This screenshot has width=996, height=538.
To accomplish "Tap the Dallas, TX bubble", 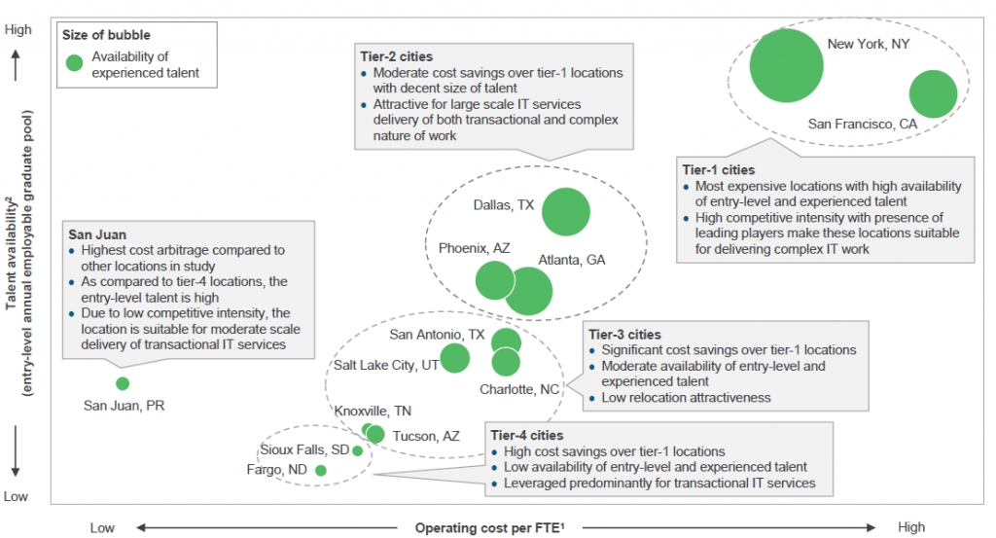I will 565,212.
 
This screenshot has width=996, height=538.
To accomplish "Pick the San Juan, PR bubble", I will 123,383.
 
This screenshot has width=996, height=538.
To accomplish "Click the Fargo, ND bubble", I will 321,471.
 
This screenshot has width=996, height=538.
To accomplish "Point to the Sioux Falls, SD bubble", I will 357,450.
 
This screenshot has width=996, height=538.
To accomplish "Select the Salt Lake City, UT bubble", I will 454,358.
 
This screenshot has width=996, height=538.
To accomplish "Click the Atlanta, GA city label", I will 572,261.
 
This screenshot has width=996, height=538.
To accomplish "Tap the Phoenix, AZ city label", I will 474,249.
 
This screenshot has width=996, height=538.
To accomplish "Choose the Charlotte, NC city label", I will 519,389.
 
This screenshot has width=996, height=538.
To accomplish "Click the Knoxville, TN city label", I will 373,411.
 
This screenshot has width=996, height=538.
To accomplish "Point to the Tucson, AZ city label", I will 426,437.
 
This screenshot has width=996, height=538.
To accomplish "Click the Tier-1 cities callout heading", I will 719,169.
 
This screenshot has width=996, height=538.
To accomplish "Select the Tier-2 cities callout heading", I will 396,57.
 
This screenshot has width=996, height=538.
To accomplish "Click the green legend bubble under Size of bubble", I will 74,63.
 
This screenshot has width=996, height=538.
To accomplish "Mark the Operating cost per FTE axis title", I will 490,528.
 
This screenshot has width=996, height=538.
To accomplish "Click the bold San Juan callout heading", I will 97,234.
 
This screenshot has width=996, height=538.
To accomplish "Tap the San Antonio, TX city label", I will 437,335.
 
